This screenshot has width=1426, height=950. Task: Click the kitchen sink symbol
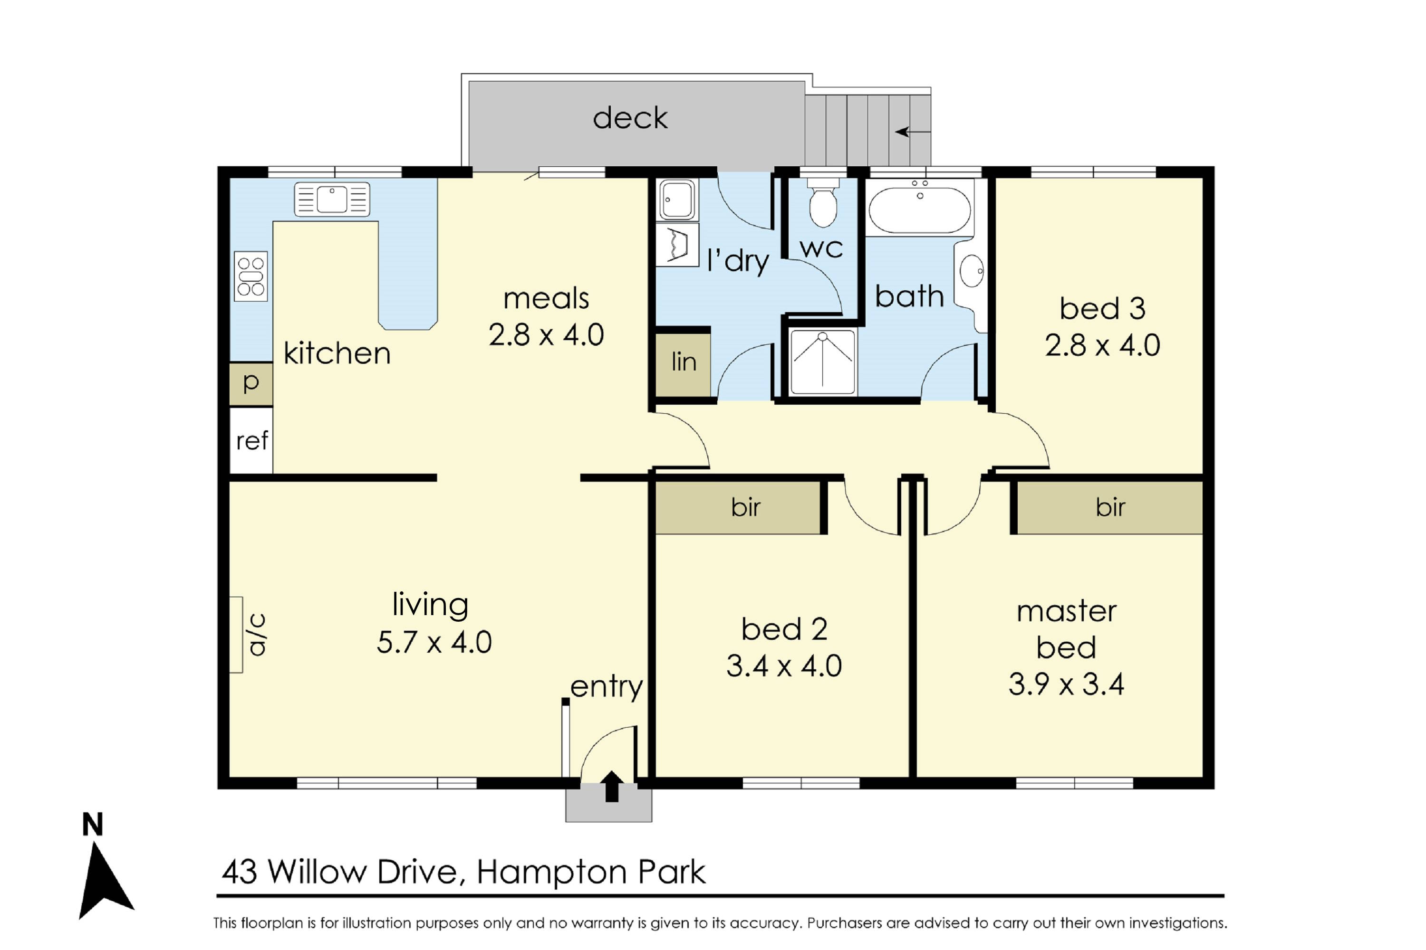point(332,199)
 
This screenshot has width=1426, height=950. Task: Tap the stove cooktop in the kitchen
point(251,276)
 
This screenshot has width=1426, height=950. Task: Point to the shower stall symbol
point(823,361)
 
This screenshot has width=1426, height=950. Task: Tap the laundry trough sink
point(677,199)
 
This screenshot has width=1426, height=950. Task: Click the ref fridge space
point(251,440)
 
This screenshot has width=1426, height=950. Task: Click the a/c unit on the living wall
point(236,634)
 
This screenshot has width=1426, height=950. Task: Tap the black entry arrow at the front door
point(612,787)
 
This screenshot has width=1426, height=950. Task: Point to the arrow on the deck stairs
point(913,132)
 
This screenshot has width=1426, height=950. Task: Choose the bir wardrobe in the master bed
point(1109,508)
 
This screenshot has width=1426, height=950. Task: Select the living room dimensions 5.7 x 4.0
point(434,642)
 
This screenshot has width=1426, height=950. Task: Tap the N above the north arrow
point(93,825)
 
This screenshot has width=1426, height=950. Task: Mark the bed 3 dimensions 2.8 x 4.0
point(1102,345)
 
